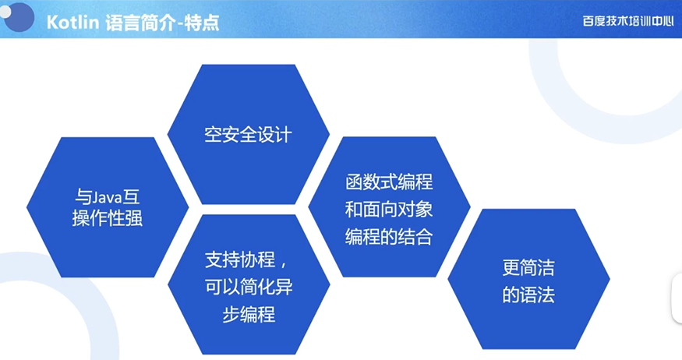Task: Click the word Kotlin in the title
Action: tap(72, 22)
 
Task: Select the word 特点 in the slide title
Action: tap(201, 22)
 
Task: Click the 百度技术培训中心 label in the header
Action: tap(627, 21)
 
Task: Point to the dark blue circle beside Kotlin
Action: tap(19, 16)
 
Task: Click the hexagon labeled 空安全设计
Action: tap(249, 134)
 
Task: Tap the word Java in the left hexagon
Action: tap(106, 198)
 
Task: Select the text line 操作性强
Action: tap(107, 218)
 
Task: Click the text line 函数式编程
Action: tap(389, 182)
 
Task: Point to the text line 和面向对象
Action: tap(389, 209)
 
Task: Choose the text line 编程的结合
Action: tap(389, 237)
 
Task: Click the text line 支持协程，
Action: tap(246, 259)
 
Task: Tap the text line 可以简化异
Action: tap(249, 287)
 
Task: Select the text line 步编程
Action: tap(249, 314)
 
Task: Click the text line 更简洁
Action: tap(528, 267)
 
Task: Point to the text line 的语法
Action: tap(528, 295)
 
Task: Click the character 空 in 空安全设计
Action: tap(213, 134)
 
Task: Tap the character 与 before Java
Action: tap(83, 197)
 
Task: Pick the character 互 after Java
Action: tap(131, 197)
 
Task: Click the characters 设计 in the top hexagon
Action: tap(274, 134)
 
